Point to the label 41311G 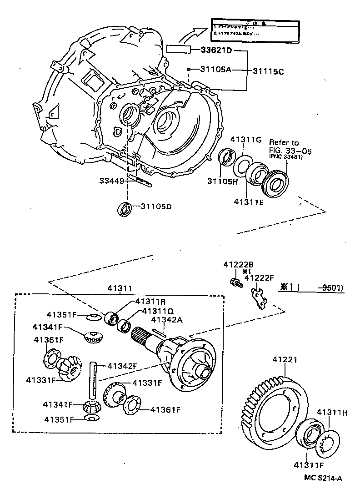[246, 139]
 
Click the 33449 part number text [111, 181]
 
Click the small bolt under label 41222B [235, 282]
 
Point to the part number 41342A [166, 319]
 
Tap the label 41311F [308, 464]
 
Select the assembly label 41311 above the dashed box [120, 288]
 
